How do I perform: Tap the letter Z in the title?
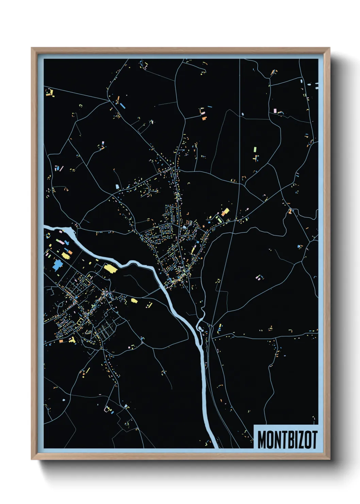[301, 440]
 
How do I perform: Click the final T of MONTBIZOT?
[314, 440]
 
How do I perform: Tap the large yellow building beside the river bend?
[111, 269]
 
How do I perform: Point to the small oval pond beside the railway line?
[243, 114]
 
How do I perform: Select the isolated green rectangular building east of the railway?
[255, 149]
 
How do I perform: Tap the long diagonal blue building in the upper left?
[122, 106]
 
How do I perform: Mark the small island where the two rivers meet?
[200, 328]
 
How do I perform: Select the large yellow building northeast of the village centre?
[225, 212]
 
